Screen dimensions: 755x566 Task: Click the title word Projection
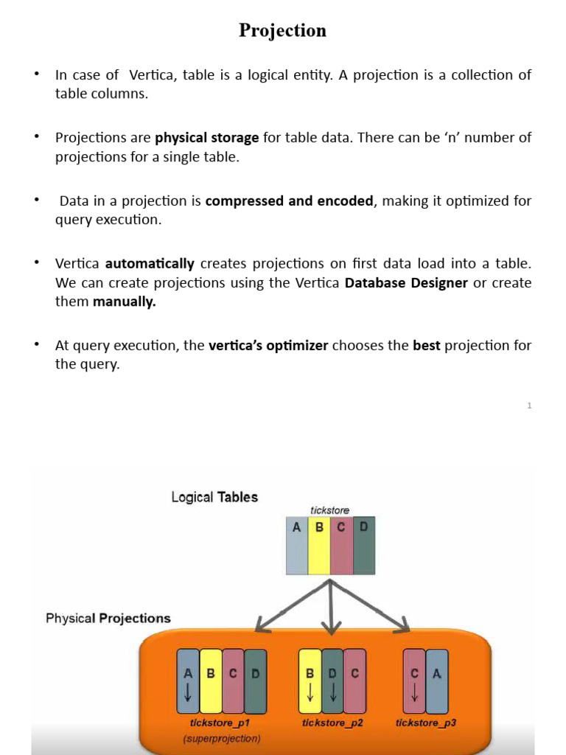click(282, 30)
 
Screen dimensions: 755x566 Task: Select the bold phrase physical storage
click(206, 137)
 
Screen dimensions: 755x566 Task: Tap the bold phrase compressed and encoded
click(289, 201)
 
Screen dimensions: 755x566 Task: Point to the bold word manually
click(124, 302)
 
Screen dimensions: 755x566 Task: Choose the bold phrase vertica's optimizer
click(268, 345)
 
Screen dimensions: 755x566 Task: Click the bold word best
click(426, 345)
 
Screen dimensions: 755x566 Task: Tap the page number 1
click(529, 406)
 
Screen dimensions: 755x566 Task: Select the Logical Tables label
click(214, 497)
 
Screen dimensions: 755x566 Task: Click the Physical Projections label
click(108, 618)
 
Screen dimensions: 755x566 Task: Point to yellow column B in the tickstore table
click(319, 546)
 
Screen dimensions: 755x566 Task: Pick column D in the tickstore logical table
click(363, 546)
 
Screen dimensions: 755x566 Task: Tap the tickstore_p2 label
click(332, 723)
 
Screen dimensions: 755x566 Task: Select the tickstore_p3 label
click(425, 723)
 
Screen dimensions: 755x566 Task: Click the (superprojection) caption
click(222, 738)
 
